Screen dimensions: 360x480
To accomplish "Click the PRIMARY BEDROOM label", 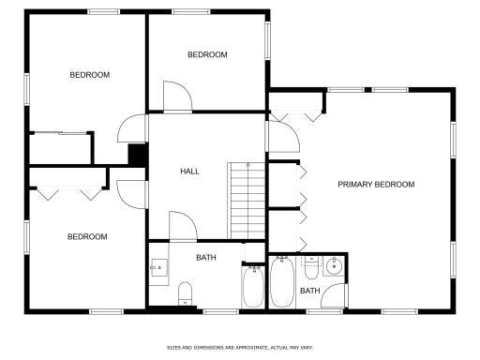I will click(376, 185).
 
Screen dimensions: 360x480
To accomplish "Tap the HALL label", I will click(190, 172).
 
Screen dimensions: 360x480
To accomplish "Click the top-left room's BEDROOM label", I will click(90, 75).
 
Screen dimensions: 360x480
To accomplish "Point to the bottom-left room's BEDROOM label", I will click(87, 237).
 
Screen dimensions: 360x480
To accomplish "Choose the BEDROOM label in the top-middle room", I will click(207, 55).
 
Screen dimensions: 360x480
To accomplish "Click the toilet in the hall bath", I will click(185, 292).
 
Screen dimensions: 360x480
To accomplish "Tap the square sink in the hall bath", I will click(157, 268).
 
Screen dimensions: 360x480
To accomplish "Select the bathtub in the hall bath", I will click(253, 287).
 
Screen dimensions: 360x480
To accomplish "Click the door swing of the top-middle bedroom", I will click(177, 97).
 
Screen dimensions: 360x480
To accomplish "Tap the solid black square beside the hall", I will click(137, 155).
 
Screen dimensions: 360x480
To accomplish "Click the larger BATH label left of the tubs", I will click(207, 257).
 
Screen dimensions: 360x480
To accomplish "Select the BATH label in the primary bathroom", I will click(309, 291).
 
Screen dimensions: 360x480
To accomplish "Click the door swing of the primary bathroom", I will click(335, 293).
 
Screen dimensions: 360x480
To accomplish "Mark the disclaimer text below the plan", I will click(239, 346).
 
